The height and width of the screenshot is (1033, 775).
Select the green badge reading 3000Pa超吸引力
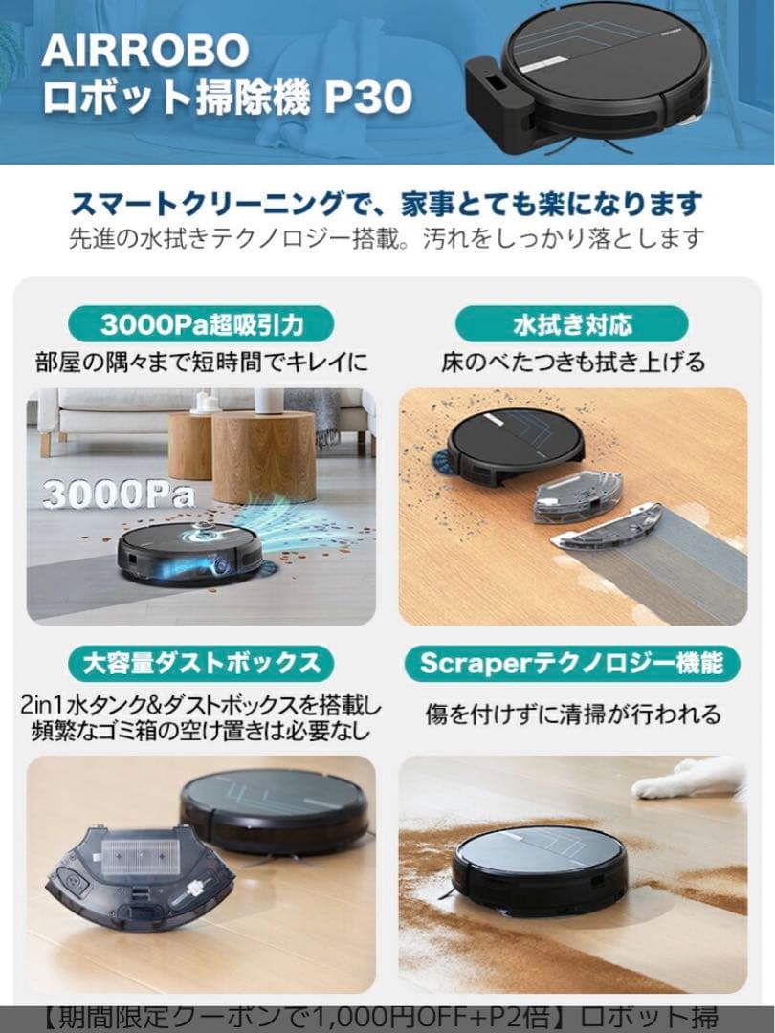pos(202,323)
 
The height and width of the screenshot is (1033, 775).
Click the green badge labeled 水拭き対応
pos(571,323)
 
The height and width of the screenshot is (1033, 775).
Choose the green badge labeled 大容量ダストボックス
pos(201,662)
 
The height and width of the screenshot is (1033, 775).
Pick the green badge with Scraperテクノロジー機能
pos(571,662)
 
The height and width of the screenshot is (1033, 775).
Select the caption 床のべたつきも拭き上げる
pos(572,363)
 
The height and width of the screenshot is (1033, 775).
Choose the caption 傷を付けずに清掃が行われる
pos(572,714)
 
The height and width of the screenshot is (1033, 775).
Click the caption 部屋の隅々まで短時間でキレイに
pos(202,363)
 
